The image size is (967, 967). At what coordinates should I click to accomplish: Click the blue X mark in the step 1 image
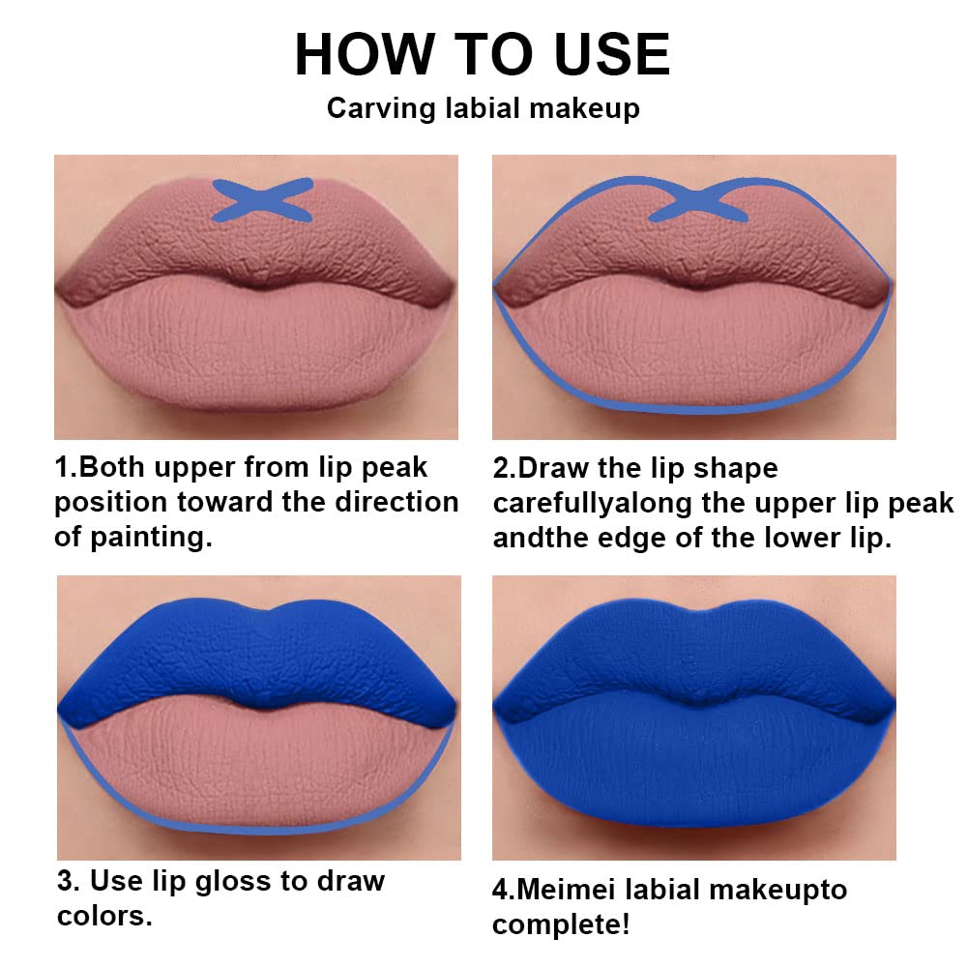click(x=262, y=200)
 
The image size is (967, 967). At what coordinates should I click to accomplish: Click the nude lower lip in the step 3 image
click(x=257, y=764)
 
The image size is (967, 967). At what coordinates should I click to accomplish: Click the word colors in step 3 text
click(x=104, y=916)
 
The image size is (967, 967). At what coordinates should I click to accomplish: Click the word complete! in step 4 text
click(x=561, y=924)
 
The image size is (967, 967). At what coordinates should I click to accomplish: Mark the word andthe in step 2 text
click(x=536, y=539)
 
